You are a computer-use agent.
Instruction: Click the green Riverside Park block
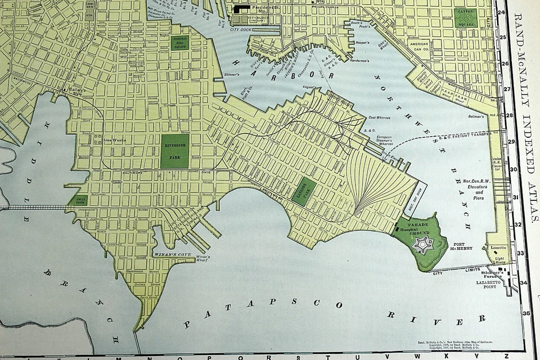point(174,151)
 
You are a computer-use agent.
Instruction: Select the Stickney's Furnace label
point(488,272)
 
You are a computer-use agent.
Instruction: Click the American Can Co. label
point(420,46)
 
